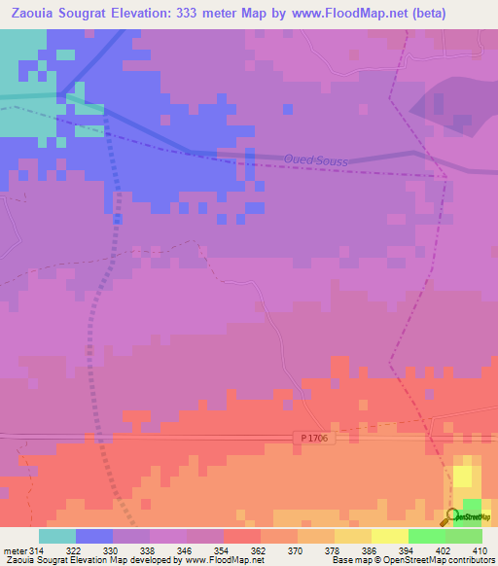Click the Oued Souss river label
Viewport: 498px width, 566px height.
click(x=316, y=159)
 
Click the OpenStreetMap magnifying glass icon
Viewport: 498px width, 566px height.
click(x=452, y=515)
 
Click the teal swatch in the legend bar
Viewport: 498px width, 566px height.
click(x=57, y=536)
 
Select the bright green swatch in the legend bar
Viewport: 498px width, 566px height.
click(x=427, y=536)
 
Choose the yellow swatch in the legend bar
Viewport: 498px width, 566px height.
click(x=390, y=536)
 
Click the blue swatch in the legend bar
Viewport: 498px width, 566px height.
click(x=94, y=536)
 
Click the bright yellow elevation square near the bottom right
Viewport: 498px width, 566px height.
click(x=464, y=477)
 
